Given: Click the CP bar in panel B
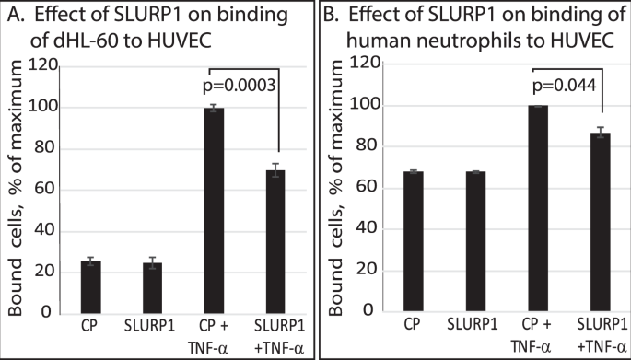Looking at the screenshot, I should [414, 240].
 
